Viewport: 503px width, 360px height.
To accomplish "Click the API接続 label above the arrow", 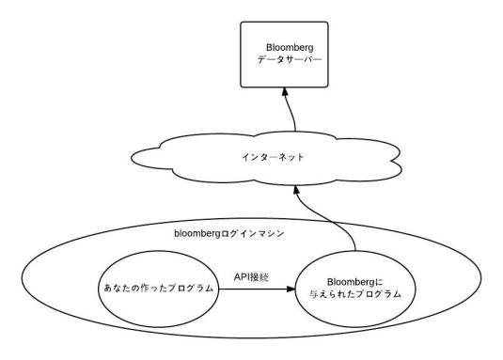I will [x=253, y=277].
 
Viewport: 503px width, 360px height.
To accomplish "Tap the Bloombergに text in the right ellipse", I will [x=354, y=283].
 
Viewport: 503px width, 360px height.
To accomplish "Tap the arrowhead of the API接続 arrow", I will [x=291, y=290].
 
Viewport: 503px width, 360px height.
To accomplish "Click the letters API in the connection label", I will [x=243, y=277].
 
